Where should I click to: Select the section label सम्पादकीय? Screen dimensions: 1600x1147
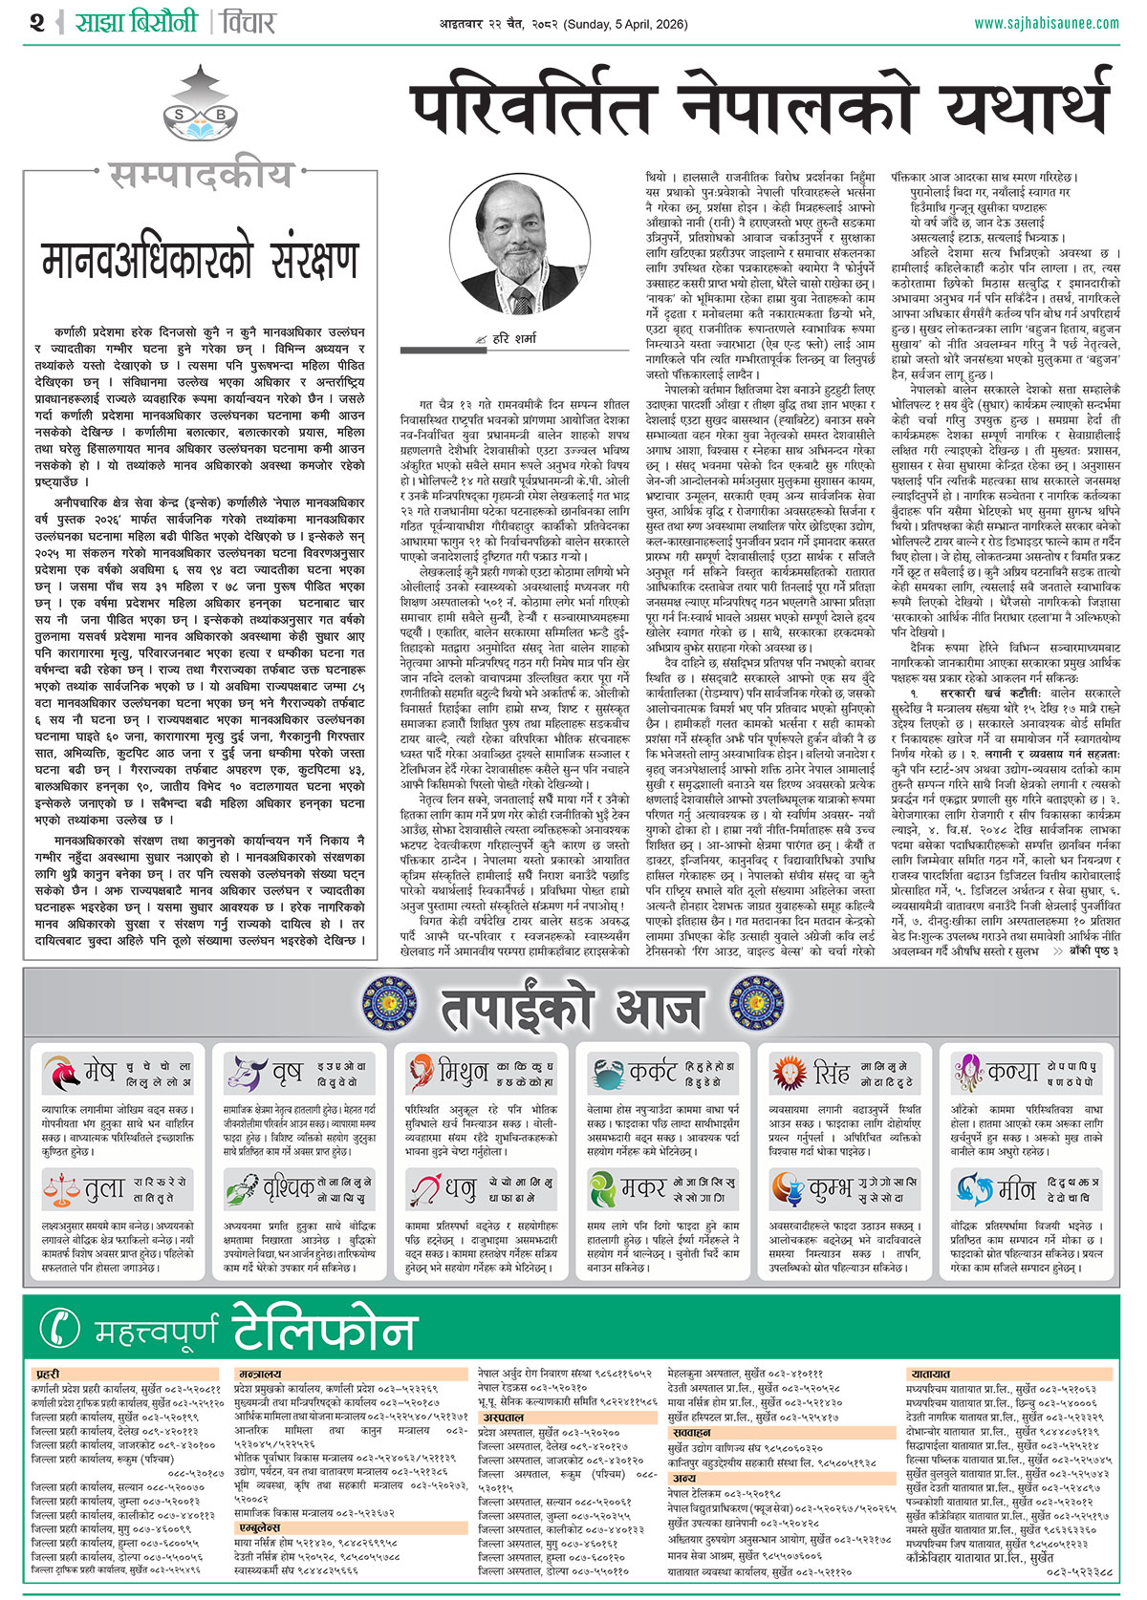[x=200, y=176]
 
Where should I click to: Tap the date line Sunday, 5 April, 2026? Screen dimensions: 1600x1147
[x=626, y=24]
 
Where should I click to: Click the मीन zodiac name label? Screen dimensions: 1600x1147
[x=1017, y=1189]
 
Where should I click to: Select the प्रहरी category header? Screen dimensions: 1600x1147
[x=49, y=1374]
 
